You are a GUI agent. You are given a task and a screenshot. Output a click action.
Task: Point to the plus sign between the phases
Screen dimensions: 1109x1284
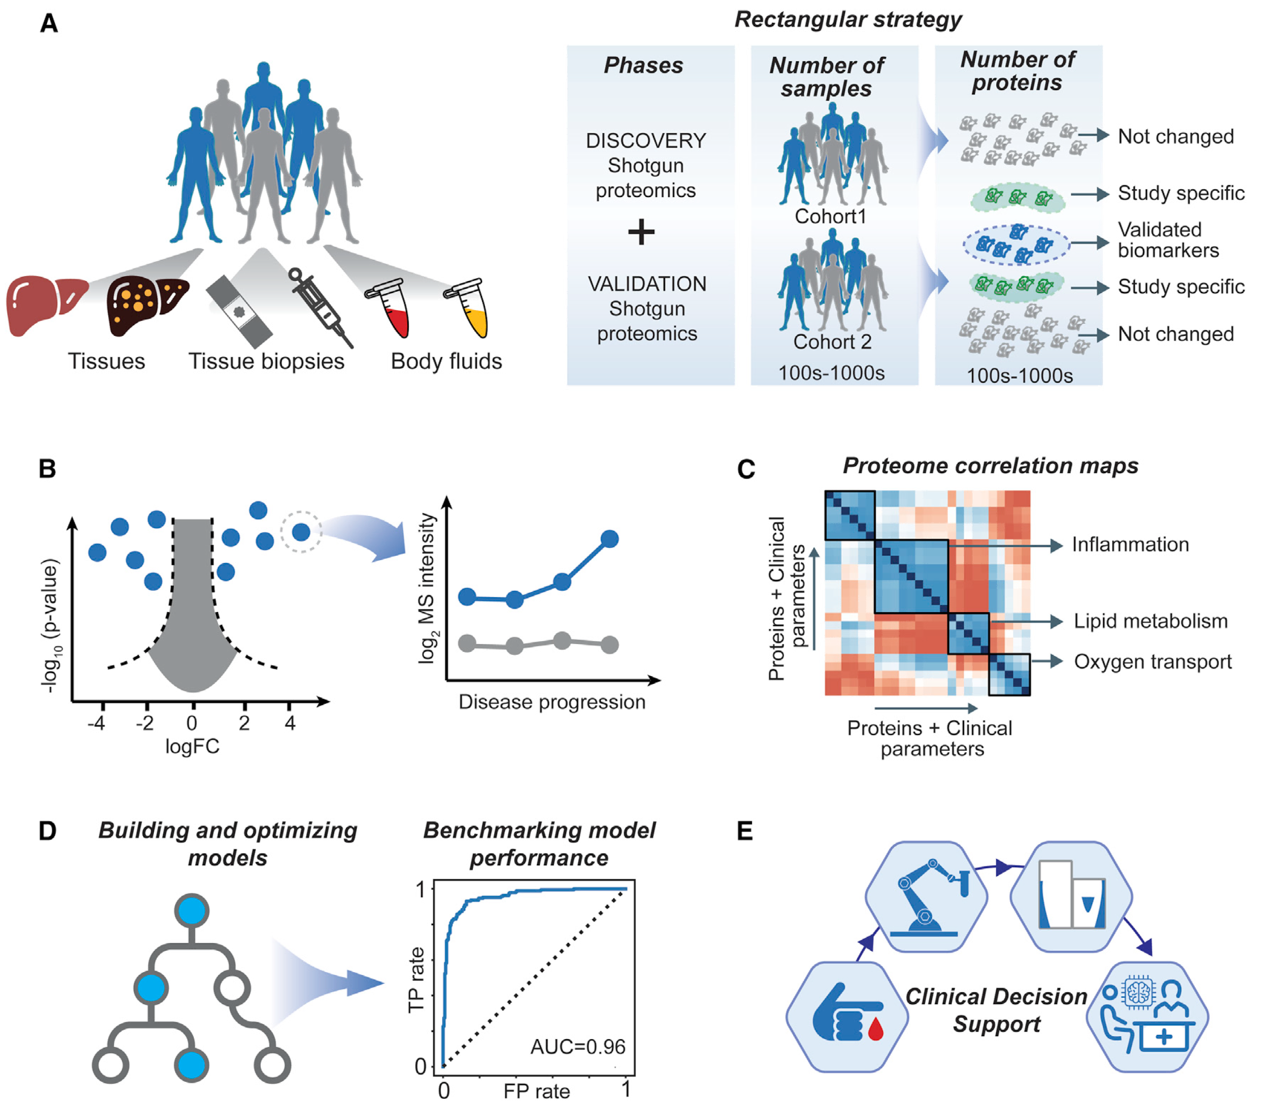tap(641, 233)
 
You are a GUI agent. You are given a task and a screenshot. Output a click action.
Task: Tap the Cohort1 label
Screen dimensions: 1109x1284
tap(831, 217)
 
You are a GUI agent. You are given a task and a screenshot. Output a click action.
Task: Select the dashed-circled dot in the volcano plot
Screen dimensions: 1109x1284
tap(301, 531)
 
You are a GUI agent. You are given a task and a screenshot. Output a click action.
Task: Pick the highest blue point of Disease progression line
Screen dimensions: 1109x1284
tap(610, 539)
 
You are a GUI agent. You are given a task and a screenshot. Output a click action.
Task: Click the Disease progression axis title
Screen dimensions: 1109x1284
tap(551, 702)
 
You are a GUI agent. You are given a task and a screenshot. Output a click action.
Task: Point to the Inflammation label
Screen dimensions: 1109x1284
tap(1130, 545)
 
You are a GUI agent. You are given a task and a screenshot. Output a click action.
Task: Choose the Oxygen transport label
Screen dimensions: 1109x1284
tap(1152, 662)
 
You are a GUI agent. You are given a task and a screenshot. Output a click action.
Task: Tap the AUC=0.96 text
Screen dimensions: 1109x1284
tap(578, 1046)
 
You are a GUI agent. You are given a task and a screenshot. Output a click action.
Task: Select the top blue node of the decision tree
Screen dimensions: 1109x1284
tap(191, 911)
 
